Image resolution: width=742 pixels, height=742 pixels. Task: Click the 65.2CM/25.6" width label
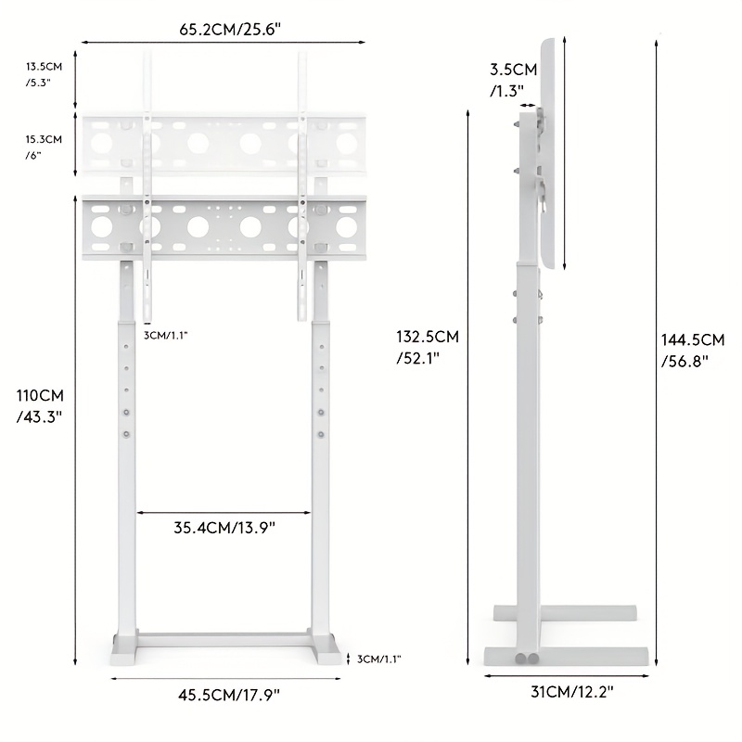coord(230,30)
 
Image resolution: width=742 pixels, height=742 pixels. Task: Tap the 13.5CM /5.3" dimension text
coord(44,74)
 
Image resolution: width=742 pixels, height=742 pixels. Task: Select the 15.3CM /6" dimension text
coord(44,147)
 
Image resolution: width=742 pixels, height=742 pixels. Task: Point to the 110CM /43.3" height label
coord(40,406)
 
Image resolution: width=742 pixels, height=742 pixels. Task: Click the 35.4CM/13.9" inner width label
coord(224,527)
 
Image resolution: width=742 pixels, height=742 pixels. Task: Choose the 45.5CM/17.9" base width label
coord(229,695)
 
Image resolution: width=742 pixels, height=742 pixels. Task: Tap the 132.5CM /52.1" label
coord(428,347)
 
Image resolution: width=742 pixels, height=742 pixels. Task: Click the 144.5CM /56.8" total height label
coord(693,351)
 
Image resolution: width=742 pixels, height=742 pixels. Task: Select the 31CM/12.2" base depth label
coord(571,692)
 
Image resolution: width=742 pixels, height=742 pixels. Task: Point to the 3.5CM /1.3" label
coord(514,80)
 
